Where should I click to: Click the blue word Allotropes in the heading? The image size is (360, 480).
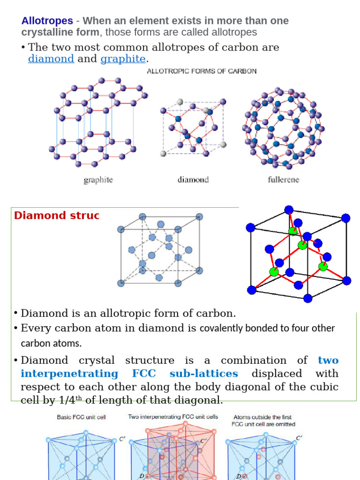click(x=47, y=21)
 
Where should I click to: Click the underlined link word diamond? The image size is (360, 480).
click(x=51, y=59)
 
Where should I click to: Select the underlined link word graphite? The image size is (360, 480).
click(x=123, y=59)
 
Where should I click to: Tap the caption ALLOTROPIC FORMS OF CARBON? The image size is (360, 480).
click(x=202, y=71)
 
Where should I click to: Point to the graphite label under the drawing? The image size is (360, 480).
click(x=98, y=180)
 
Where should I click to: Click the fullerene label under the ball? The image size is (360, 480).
click(x=284, y=180)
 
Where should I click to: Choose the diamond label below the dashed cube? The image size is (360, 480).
click(x=193, y=180)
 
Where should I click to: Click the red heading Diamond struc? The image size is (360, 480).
click(x=57, y=215)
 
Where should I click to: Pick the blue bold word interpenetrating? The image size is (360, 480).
click(x=69, y=374)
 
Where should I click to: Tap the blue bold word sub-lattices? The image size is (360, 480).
click(x=204, y=374)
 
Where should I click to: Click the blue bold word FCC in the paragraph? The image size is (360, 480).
click(x=144, y=374)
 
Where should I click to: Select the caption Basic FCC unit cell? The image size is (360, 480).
click(x=81, y=417)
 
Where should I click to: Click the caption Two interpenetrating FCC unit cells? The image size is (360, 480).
click(x=173, y=417)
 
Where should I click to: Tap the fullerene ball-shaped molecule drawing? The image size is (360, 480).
click(x=283, y=128)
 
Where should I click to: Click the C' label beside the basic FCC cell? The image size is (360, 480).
click(x=122, y=439)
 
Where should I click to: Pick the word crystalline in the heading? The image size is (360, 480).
click(x=60, y=32)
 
